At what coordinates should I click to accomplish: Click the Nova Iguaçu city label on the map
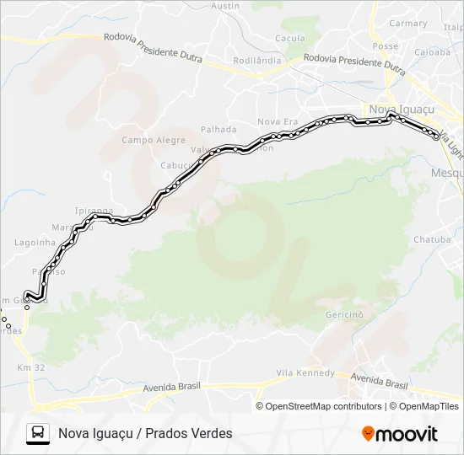(401, 110)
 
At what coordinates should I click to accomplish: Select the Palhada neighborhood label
(218, 130)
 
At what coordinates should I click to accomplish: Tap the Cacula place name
(289, 39)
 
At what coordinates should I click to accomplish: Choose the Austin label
(225, 5)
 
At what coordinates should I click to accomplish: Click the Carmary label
(409, 24)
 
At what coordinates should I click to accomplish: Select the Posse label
(385, 46)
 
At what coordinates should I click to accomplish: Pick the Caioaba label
(432, 51)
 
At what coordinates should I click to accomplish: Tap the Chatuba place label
(431, 240)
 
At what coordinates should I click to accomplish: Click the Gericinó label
(343, 314)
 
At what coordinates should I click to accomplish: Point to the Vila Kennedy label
(305, 373)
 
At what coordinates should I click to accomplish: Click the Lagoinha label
(35, 243)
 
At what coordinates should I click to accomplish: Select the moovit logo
(400, 434)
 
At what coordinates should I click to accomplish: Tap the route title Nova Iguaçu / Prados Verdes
(145, 433)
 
